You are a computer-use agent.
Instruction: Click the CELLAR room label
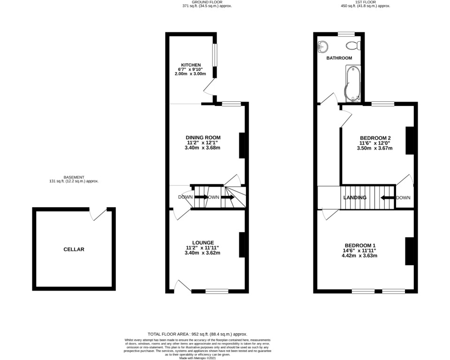(x=74, y=249)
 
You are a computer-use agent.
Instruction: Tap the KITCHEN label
(x=191, y=65)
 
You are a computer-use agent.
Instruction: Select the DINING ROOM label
(x=202, y=137)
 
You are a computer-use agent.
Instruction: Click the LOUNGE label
(x=202, y=242)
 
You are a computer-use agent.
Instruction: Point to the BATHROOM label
(x=339, y=58)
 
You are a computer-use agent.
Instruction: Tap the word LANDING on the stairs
(x=355, y=198)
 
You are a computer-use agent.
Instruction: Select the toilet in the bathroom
(x=352, y=45)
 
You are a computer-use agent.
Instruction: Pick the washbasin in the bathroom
(x=323, y=46)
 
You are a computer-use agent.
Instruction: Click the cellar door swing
(x=99, y=215)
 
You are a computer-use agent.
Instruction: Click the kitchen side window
(x=214, y=55)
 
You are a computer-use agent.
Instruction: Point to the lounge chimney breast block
(x=242, y=245)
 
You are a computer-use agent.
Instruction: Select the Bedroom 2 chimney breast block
(x=409, y=141)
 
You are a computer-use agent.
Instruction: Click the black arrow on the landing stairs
(x=387, y=198)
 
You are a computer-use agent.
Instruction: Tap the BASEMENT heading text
(x=74, y=177)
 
